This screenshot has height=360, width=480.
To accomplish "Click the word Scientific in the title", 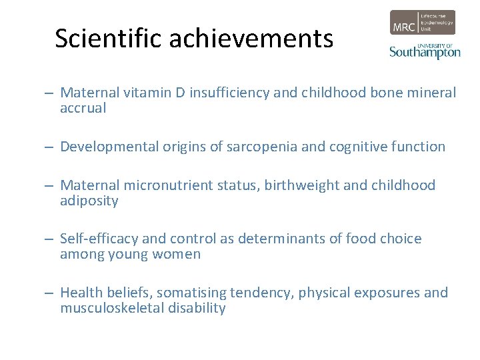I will [109, 39].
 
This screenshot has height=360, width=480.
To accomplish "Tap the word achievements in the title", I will [251, 39].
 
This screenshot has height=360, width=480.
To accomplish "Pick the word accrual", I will [83, 108].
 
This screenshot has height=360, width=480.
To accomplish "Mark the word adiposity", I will [89, 201].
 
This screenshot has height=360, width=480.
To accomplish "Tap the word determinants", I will [283, 239].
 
